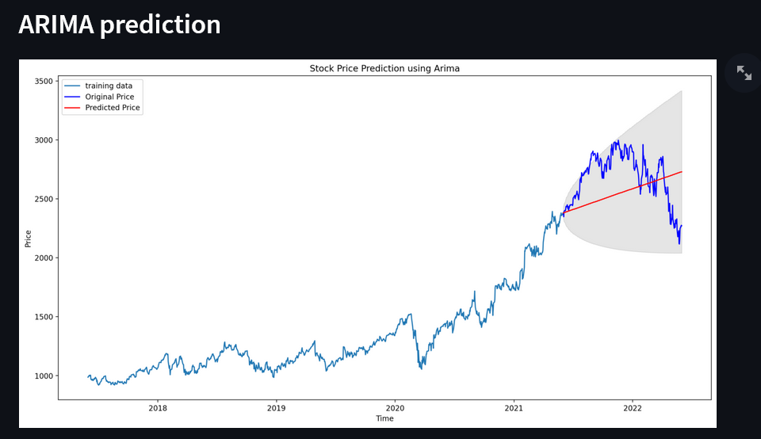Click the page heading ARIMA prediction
120,25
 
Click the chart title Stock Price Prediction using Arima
384,69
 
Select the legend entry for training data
109,86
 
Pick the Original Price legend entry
109,97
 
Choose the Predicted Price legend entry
112,108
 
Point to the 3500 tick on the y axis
44,82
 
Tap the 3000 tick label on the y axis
44,140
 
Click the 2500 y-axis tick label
44,199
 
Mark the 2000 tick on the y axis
44,258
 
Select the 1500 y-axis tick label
44,317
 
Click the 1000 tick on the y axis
44,376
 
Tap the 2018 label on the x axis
157,408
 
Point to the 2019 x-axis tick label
276,408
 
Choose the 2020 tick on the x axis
395,408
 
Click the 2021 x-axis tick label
514,408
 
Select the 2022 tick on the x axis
633,408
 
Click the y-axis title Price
29,238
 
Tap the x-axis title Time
384,418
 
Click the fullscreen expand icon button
744,73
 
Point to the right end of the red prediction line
682,172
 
